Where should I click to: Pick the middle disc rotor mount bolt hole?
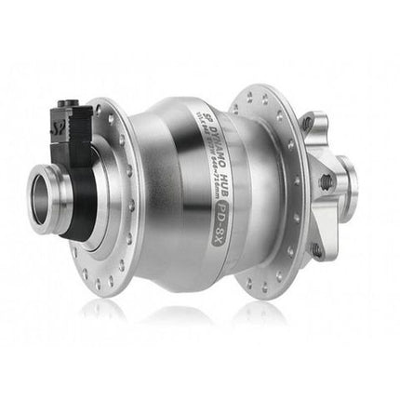tap(327, 181)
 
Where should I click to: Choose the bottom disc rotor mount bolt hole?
tap(318, 249)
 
